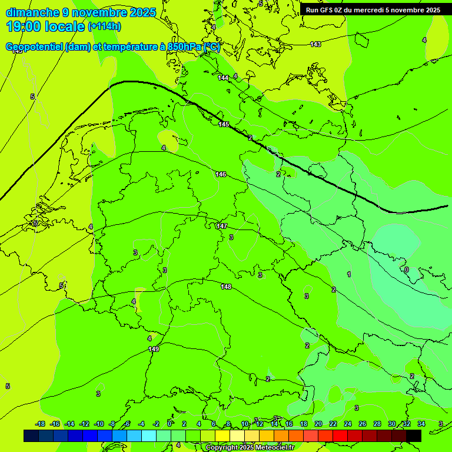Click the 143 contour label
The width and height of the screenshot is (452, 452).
[x=315, y=44]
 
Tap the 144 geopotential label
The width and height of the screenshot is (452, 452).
[x=223, y=78]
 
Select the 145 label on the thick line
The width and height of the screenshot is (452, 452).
[x=224, y=124]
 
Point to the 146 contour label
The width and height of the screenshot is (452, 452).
[x=221, y=174]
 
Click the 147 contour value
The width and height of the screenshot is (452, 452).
[x=222, y=226]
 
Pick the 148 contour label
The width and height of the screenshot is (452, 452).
[x=226, y=287]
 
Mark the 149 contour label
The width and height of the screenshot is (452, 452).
[x=154, y=349]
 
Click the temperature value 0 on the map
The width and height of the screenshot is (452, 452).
[x=407, y=270]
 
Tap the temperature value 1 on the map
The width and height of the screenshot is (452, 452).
[x=349, y=274]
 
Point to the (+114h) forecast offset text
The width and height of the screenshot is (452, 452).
[x=104, y=26]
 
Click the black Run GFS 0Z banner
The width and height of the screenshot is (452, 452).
[x=373, y=10]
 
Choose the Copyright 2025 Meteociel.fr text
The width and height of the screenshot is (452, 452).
[x=250, y=448]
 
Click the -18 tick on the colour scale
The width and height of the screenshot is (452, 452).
[x=40, y=424]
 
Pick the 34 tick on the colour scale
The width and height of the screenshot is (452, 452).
[x=421, y=424]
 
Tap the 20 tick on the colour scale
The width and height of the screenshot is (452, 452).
[x=318, y=424]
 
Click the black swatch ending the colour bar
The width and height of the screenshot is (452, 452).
[x=413, y=436]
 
